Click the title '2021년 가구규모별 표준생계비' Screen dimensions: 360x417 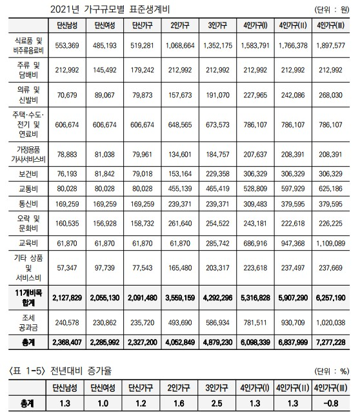click(119, 9)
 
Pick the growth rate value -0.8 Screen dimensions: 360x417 click(332, 403)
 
